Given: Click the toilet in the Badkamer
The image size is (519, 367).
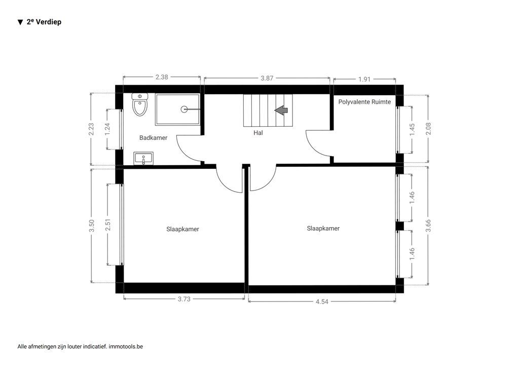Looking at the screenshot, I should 139,105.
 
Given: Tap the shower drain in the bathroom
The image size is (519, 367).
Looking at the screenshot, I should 184,109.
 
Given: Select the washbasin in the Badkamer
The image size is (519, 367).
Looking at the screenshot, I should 144,159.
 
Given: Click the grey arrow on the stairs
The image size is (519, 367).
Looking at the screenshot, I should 281,110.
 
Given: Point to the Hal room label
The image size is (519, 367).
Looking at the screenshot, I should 258,133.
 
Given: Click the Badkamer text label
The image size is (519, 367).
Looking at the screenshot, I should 153,137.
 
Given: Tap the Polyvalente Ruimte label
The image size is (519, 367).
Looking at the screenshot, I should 364,102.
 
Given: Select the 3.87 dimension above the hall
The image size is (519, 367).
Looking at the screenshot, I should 267,78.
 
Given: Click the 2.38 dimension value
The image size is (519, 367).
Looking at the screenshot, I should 162,77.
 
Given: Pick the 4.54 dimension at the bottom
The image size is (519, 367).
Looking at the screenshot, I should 322,302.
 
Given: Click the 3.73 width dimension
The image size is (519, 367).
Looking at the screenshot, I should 184,299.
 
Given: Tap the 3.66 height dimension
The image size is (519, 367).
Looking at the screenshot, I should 428,224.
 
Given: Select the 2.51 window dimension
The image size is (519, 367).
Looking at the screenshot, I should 107,224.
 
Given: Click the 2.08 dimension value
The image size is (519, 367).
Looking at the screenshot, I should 428,129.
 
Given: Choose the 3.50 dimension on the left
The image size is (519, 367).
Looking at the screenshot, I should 91,226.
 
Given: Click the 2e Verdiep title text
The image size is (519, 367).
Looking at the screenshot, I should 44,22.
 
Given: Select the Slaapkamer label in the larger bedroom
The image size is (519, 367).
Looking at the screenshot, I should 323,229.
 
